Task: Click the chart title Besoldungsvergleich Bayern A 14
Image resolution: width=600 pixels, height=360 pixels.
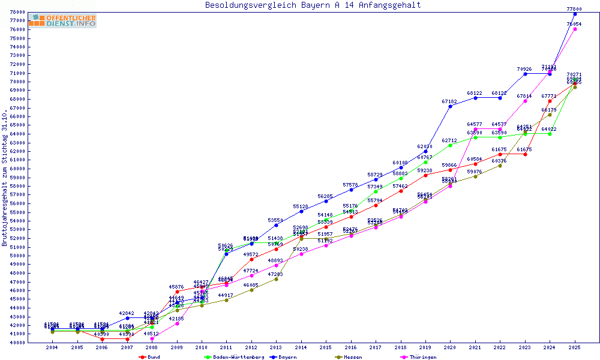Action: [313, 5]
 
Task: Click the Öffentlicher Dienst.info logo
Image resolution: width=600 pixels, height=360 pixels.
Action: [62, 20]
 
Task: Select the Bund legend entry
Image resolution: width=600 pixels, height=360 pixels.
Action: [151, 357]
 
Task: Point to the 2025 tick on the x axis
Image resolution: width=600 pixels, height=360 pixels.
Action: [575, 347]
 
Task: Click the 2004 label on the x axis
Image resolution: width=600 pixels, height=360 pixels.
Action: [52, 347]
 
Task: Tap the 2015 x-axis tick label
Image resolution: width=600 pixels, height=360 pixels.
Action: [326, 347]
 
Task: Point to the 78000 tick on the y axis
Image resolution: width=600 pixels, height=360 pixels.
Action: [17, 12]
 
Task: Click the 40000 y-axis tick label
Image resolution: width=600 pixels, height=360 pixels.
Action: [17, 343]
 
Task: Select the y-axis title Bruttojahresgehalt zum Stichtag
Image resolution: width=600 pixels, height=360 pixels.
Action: [5, 178]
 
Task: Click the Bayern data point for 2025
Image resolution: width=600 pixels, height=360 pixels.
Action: [575, 14]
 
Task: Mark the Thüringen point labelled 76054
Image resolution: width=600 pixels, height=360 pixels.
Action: [575, 29]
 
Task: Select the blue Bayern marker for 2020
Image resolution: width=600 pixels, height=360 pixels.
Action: [450, 106]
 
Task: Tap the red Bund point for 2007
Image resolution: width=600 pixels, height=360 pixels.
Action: [127, 339]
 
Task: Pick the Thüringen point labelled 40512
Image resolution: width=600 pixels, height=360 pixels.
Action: [152, 338]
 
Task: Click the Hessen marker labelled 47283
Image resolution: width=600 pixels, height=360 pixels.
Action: [276, 279]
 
